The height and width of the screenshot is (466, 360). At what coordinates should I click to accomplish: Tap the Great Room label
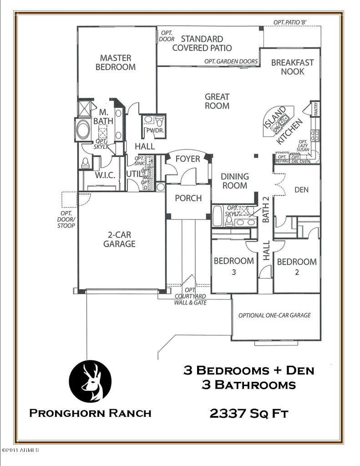(217, 101)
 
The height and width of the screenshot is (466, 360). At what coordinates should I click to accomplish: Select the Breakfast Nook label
(292, 67)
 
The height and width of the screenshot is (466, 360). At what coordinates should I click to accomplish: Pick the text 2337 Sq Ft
(248, 414)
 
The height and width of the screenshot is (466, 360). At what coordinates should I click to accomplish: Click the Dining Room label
(234, 181)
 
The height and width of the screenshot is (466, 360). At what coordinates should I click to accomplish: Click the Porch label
(188, 198)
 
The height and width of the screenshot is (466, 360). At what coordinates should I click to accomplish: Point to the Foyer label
(188, 159)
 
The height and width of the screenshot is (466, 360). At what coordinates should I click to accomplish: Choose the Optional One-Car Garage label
(274, 315)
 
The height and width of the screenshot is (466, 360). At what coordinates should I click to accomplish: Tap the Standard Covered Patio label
(202, 43)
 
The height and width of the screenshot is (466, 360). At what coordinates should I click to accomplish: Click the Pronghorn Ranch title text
(90, 413)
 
